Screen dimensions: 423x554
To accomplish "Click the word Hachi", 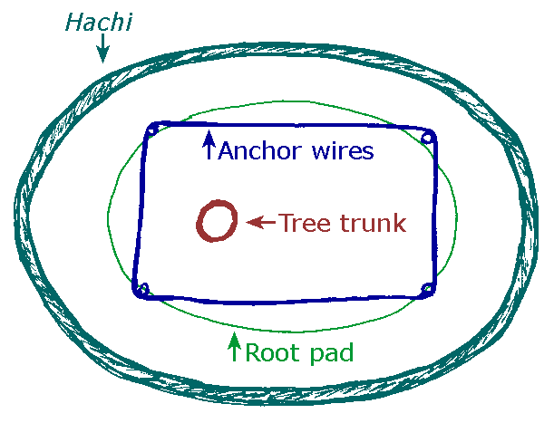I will click(98, 21).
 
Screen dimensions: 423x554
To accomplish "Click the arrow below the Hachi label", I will click(103, 49).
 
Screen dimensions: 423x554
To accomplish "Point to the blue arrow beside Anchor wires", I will click(209, 145).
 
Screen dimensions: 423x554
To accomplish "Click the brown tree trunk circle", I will click(218, 222).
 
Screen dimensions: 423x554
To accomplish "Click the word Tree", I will click(302, 222).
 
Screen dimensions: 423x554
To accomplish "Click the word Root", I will click(273, 352).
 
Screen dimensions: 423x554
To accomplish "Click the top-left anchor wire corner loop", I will click(152, 130).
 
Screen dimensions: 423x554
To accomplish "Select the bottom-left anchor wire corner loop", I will click(141, 290).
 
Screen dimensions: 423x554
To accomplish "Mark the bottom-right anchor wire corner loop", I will click(426, 290).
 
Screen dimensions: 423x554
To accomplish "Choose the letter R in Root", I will click(254, 351).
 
